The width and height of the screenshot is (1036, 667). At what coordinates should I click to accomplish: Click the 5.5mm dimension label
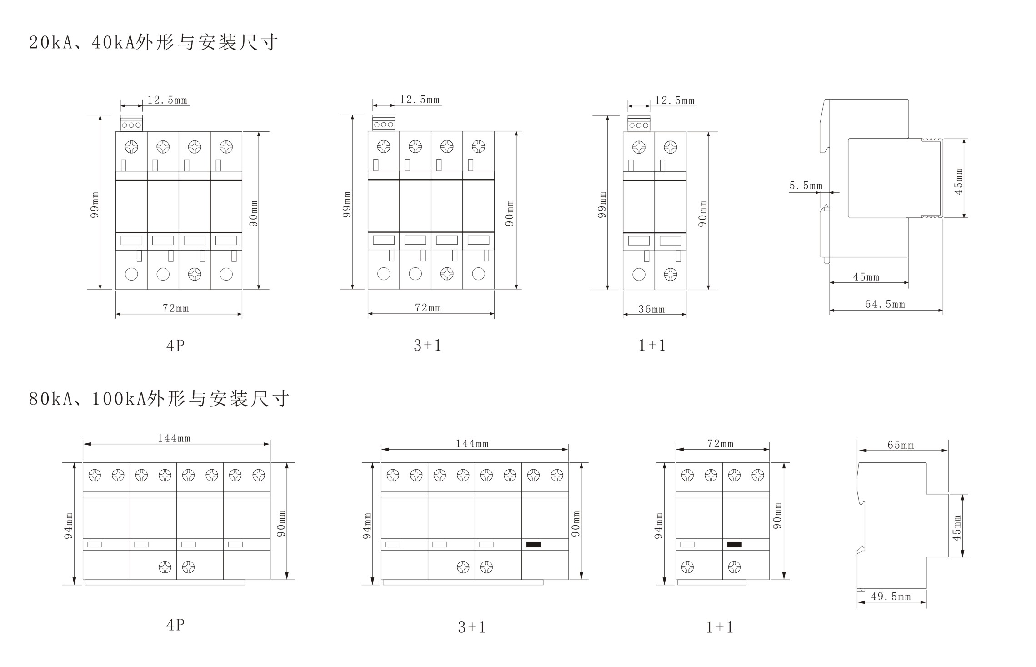(806, 186)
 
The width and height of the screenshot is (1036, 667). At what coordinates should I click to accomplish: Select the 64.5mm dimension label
(885, 304)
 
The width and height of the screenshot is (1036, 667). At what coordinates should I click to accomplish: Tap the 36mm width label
(651, 309)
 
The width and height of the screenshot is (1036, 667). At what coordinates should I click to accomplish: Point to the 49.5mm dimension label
(891, 597)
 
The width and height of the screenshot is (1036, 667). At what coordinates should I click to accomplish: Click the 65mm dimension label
(901, 445)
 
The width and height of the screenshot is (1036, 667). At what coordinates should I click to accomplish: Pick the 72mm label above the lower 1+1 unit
(720, 444)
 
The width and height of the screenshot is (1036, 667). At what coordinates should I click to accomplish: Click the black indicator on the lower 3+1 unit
(533, 544)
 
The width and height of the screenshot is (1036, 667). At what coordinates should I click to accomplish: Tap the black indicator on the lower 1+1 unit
(734, 544)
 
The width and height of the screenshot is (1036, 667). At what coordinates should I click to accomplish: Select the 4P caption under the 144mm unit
(175, 625)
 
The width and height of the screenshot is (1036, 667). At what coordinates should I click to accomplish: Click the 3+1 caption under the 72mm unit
(427, 346)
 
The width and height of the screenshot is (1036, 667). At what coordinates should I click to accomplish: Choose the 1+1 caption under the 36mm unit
(652, 346)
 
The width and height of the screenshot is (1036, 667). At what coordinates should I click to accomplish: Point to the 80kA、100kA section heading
(159, 399)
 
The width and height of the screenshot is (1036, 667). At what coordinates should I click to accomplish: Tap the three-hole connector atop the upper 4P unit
(131, 124)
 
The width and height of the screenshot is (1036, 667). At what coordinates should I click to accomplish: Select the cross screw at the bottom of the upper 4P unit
(195, 274)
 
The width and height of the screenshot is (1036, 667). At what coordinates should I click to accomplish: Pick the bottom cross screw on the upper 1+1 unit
(670, 275)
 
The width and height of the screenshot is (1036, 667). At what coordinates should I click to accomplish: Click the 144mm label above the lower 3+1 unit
(472, 444)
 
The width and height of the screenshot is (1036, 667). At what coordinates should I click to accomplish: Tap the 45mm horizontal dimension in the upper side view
(866, 277)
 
